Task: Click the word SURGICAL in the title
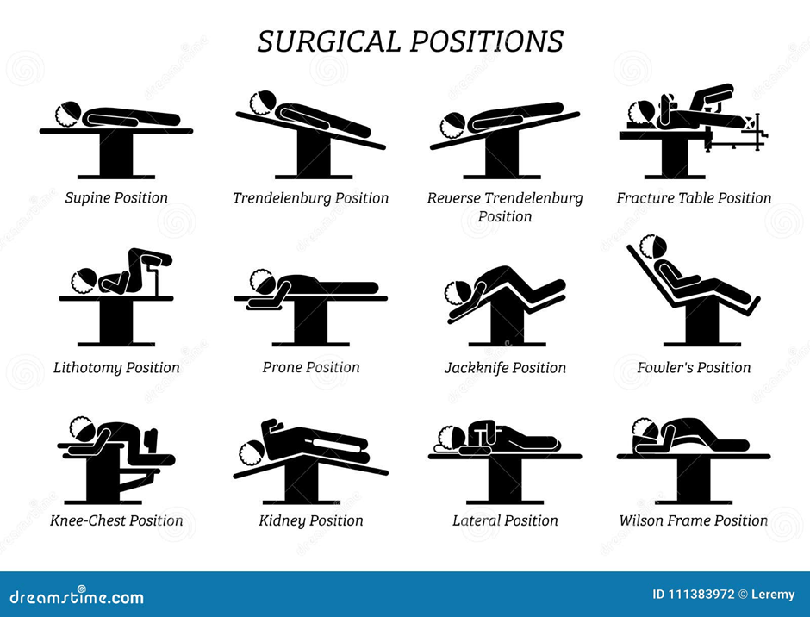[328, 41]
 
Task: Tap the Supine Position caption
[116, 198]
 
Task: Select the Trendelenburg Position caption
[310, 198]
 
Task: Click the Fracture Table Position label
[694, 198]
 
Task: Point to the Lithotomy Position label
[116, 368]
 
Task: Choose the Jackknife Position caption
[505, 368]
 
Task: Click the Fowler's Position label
[694, 367]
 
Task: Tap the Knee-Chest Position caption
[116, 520]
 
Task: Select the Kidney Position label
[310, 520]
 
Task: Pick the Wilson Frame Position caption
[694, 520]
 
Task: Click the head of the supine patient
[69, 115]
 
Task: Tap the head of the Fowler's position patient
[653, 247]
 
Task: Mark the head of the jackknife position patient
[458, 294]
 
